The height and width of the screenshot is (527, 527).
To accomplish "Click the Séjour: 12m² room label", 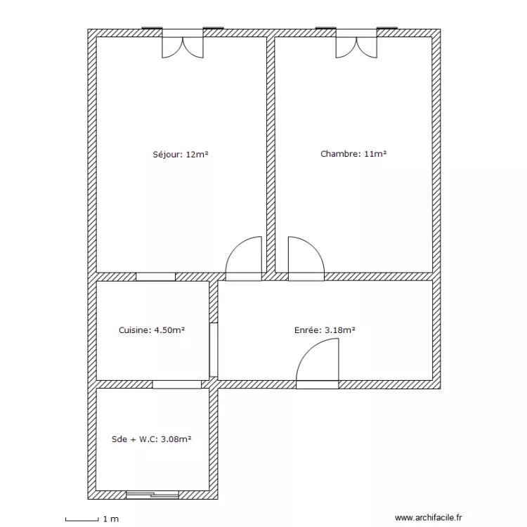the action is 181,155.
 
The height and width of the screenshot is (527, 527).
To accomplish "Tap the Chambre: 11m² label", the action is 353,154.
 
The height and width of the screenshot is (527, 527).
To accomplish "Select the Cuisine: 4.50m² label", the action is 152,330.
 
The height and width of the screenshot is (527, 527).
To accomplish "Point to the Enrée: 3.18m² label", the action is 325,330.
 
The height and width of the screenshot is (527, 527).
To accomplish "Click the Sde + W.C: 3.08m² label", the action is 151,439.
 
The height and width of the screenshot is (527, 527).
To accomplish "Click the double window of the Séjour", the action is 183,43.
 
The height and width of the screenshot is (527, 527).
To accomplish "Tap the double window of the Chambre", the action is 356,43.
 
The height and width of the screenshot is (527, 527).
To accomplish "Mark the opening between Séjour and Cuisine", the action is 155,277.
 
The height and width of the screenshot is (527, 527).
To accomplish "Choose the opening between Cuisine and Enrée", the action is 214,349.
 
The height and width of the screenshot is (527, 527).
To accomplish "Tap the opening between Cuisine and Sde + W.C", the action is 177,384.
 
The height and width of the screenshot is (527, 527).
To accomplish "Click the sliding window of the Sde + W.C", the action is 152,495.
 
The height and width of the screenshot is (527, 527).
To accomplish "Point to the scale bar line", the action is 82,521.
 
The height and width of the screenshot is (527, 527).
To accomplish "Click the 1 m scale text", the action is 111,519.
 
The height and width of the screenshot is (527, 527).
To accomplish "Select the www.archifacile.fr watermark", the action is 428,518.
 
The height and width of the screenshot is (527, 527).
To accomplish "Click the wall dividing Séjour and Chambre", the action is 271,155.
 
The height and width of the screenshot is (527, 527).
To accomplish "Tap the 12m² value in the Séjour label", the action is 197,155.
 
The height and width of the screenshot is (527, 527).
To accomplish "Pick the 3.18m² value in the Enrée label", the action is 340,330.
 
